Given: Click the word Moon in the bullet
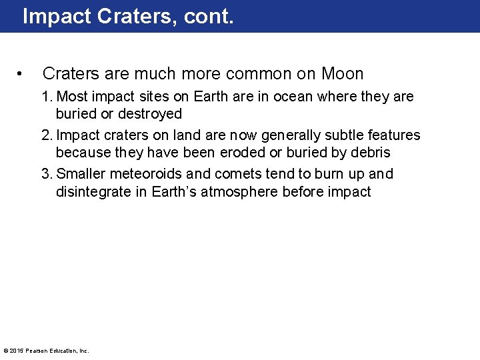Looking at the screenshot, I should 342,74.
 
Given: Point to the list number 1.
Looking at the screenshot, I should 46,97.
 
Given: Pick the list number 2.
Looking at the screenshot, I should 46,135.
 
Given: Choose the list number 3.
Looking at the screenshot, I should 46,174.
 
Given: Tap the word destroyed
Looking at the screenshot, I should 150,114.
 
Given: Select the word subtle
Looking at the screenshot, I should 334,135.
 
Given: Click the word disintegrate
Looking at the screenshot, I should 91,191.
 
